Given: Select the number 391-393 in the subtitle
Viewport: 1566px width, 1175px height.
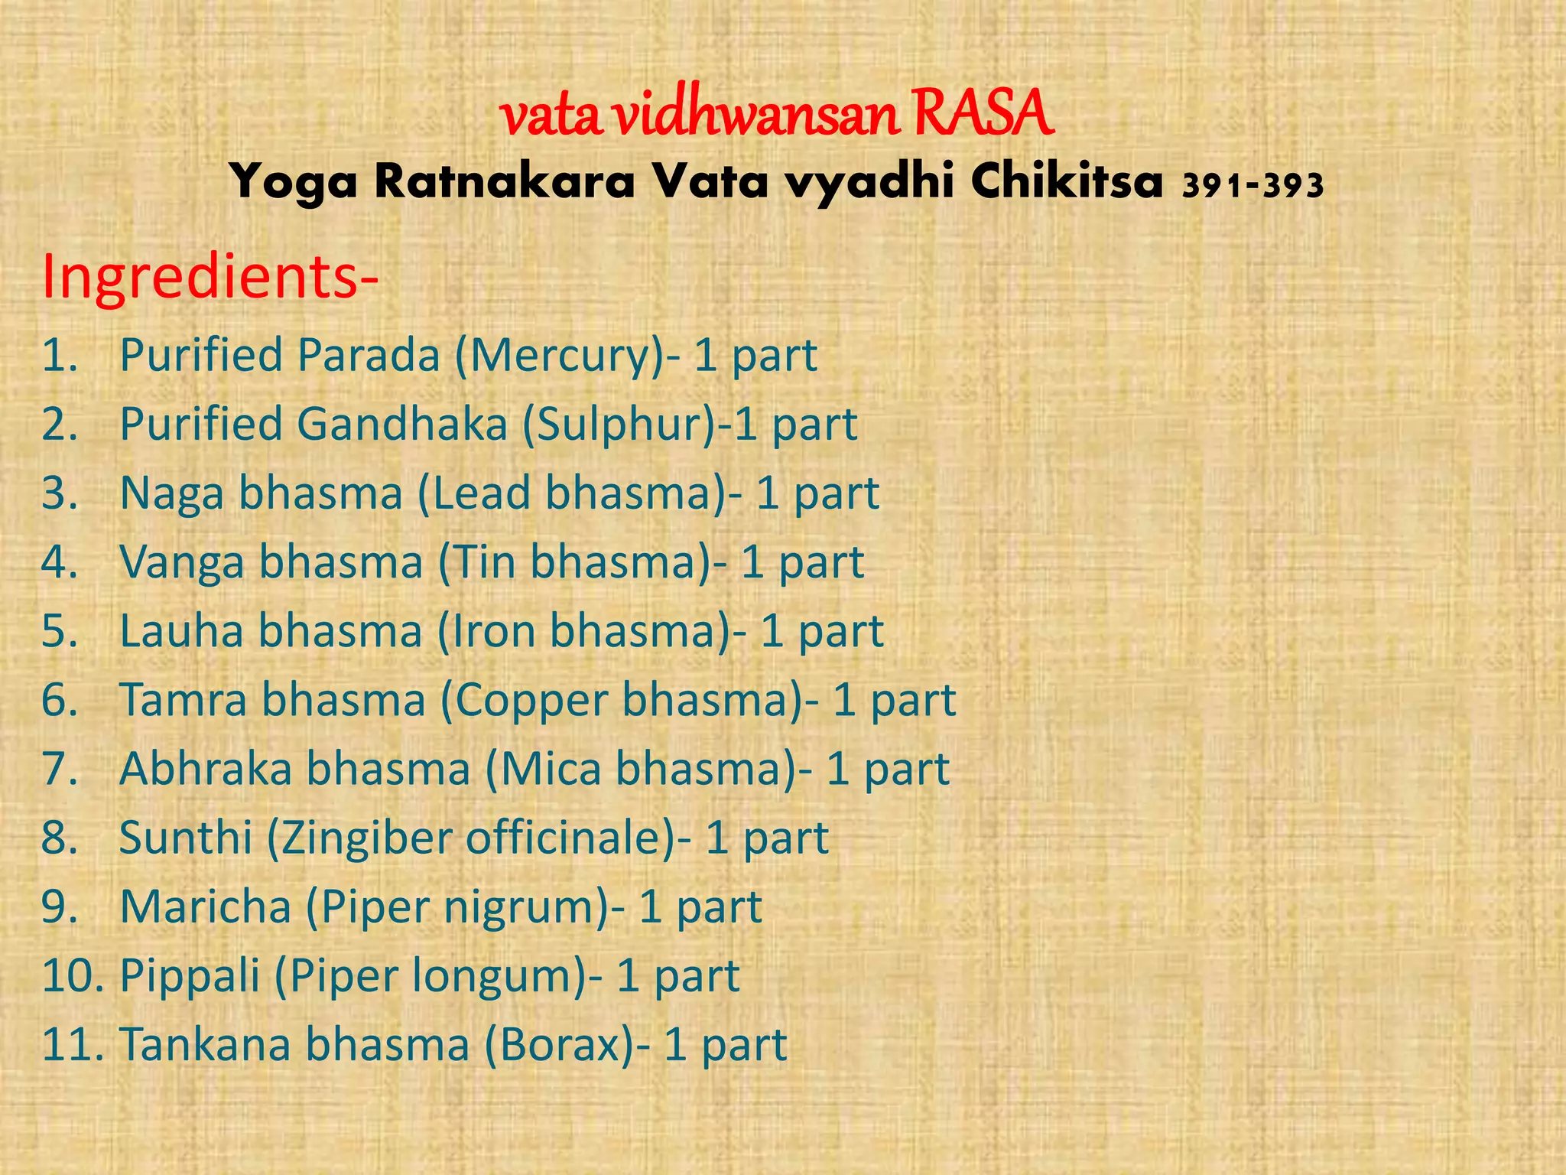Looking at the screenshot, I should [1252, 186].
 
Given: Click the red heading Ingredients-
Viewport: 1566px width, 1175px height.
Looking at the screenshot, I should [210, 277].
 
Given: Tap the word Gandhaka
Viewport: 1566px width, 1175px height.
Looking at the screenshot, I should [402, 425].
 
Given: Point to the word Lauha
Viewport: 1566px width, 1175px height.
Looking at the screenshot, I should [181, 631].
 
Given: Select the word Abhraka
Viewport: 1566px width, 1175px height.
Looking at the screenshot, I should [206, 769].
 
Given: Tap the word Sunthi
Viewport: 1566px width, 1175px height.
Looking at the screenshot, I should [186, 838].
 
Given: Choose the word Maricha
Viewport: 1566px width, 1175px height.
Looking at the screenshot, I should [206, 907].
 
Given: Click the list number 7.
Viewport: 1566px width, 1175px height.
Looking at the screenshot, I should [60, 769].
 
